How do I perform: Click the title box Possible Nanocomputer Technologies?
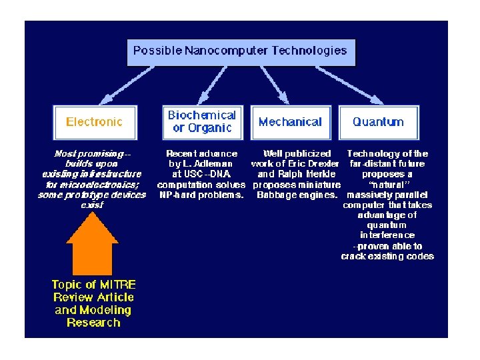240,51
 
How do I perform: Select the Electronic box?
94,122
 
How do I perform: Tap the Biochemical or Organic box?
201,122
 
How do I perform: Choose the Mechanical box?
290,122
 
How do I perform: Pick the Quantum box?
378,122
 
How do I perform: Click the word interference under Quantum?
387,235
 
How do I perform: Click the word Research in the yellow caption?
93,323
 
